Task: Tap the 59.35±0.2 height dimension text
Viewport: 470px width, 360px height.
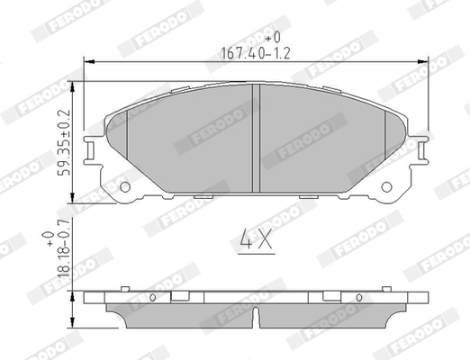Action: (x=62, y=145)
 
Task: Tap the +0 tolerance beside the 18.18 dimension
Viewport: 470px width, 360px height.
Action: (x=49, y=238)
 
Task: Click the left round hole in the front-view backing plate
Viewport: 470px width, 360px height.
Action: (x=125, y=187)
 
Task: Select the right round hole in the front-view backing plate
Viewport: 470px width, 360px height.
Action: (x=388, y=187)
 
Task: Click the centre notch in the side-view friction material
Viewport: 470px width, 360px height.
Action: (x=257, y=318)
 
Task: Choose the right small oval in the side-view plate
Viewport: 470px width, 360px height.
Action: (x=361, y=297)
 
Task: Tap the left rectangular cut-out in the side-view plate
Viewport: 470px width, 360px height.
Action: (x=179, y=297)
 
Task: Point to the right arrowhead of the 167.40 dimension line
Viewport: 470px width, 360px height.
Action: (x=426, y=62)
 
